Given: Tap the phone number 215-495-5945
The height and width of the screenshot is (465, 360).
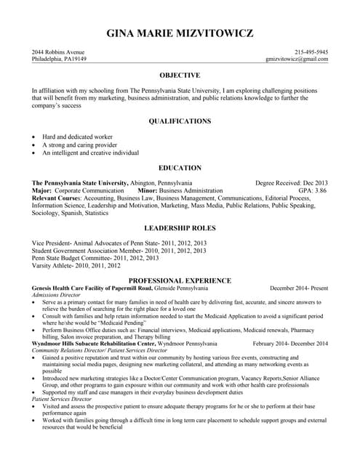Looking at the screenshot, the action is (x=311, y=52).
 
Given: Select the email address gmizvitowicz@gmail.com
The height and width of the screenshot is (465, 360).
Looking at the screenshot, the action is (x=297, y=60).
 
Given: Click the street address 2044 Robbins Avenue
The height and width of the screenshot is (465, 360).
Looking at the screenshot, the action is (x=58, y=52).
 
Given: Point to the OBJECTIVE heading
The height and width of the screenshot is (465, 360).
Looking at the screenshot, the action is (x=180, y=76).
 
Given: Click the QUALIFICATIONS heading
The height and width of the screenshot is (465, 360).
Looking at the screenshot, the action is (x=180, y=121).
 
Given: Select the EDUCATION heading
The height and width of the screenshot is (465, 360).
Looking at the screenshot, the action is (x=180, y=168).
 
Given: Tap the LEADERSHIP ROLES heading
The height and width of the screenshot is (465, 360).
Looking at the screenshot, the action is (x=180, y=227).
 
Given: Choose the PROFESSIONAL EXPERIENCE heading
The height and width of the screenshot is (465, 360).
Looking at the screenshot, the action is (x=180, y=280).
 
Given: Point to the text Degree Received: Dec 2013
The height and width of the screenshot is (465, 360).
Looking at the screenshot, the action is (x=292, y=183).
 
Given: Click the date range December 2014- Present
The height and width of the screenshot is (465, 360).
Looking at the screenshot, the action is (x=299, y=288).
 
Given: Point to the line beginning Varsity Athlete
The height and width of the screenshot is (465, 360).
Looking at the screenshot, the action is (x=67, y=266).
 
